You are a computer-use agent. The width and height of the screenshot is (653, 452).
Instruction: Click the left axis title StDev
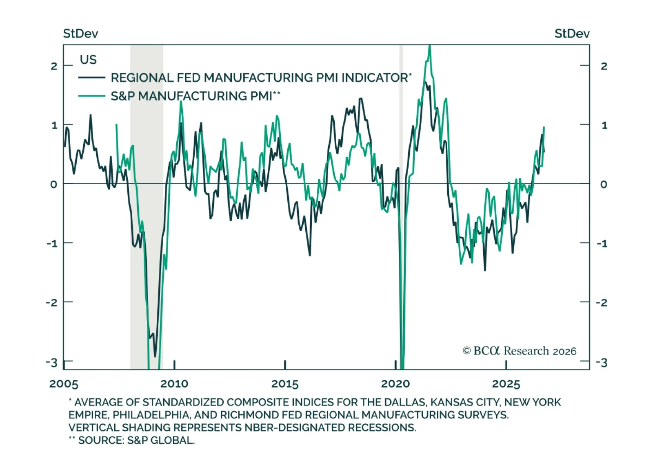80,34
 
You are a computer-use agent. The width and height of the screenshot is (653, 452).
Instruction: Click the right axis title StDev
572,34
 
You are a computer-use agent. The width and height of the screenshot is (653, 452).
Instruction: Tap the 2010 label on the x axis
174,384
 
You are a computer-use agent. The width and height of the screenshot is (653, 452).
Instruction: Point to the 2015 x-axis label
285,384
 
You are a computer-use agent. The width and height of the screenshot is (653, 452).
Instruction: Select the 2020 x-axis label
395,384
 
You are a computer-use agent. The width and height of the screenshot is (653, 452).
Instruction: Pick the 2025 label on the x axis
506,384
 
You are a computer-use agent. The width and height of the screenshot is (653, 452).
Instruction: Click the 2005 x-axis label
64,384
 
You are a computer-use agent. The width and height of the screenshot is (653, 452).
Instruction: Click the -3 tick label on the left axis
52,363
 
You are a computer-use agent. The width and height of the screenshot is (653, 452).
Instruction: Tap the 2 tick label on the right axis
604,66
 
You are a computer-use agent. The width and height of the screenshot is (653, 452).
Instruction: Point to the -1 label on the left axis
52,243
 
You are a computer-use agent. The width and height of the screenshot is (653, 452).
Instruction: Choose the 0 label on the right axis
604,184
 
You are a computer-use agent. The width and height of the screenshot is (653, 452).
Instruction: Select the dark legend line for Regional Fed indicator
92,78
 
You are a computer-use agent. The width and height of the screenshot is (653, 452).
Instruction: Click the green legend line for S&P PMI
92,96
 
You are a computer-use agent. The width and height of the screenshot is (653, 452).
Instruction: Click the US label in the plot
88,60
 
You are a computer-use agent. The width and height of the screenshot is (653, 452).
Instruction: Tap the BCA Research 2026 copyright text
520,351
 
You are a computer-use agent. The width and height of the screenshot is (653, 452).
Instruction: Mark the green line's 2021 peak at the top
429,46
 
